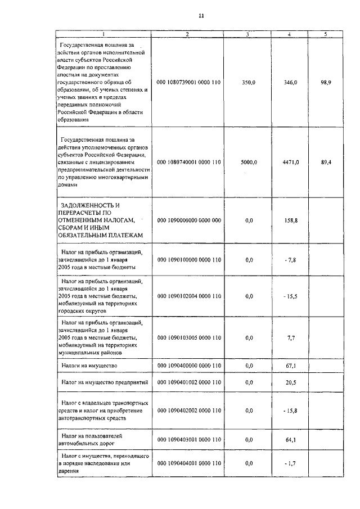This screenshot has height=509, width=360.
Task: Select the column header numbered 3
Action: point(247,34)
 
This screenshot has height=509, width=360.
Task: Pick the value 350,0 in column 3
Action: point(248,82)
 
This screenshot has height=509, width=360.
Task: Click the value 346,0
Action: point(291,82)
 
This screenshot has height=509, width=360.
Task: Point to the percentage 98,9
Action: point(326,82)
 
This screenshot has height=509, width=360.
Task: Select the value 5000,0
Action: point(248,162)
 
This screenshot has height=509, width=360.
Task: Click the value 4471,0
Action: point(291,162)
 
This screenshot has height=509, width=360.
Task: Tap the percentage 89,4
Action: point(326,162)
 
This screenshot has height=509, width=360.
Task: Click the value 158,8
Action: point(291,220)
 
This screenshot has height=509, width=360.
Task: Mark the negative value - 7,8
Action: point(290,260)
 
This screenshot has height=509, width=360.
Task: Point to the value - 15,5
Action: point(290,295)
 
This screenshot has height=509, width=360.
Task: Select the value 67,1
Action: point(291,366)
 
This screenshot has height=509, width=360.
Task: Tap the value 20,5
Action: point(291,382)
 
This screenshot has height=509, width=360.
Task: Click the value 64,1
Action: point(291,439)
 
